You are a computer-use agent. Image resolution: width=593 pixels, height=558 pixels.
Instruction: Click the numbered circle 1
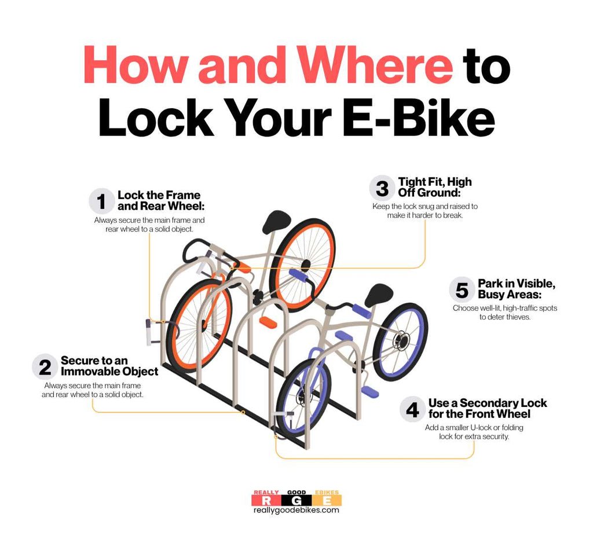pos(102,201)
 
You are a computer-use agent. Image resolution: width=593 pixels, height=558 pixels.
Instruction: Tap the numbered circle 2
pos(45,367)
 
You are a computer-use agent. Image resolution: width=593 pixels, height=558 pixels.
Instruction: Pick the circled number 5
pos(462,290)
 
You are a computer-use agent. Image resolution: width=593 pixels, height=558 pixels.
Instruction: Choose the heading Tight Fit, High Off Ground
pos(434,187)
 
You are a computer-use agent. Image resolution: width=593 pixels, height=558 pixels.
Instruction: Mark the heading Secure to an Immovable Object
pos(109,366)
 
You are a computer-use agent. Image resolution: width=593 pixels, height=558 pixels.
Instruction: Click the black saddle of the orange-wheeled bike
pos(277,221)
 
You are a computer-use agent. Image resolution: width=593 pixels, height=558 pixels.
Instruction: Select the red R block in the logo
pos(266,500)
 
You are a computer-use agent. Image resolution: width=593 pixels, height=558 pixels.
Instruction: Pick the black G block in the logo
pos(297,500)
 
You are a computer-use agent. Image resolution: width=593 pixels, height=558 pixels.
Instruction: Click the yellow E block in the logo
pos(327,500)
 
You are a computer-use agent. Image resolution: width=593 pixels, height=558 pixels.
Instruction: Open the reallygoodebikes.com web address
pos(296,510)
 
